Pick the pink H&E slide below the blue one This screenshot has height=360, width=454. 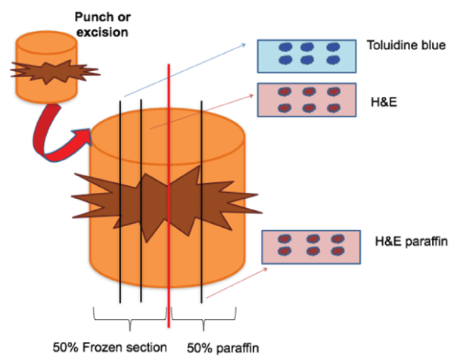click(x=306, y=99)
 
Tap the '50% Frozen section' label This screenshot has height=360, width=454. click(x=109, y=347)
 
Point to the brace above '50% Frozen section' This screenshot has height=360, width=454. click(x=129, y=318)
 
